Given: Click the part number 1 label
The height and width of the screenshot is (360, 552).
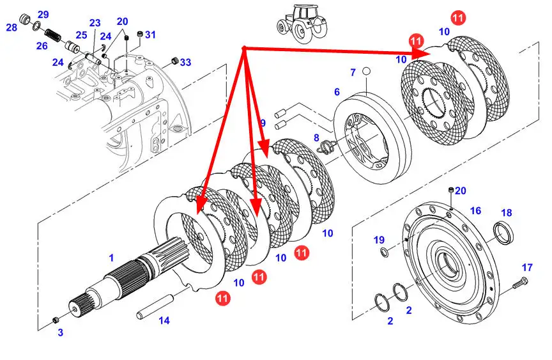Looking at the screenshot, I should tap(111, 258).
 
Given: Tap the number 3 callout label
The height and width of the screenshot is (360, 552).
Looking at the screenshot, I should tap(61, 332).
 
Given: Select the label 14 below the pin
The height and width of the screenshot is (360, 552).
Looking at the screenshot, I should tap(164, 320).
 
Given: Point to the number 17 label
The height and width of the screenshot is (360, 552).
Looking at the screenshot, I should tap(527, 267).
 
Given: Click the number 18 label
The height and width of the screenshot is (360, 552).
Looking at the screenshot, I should tap(506, 213).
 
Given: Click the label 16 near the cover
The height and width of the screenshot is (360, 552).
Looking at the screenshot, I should tap(475, 211).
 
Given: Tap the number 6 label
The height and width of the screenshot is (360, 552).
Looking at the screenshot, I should tap(337, 92).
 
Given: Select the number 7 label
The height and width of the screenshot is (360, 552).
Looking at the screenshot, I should tap(352, 73).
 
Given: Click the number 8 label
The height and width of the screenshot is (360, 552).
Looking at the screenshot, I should tap(316, 137).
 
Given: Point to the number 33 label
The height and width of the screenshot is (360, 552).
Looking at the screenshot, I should tap(185, 63).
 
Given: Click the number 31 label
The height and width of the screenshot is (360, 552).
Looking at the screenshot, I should tap(150, 34).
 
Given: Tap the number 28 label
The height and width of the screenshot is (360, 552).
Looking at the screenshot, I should tap(12, 27).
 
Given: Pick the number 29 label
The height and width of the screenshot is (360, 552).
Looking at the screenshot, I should tap(43, 15).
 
